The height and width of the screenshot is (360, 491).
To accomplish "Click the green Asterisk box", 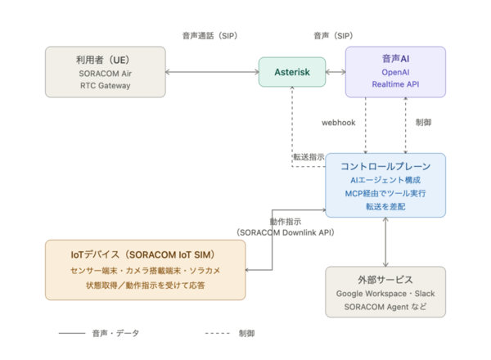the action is coord(292,72).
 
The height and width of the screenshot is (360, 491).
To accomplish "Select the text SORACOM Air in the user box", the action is coord(106,74).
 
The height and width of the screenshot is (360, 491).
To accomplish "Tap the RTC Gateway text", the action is coord(106,85).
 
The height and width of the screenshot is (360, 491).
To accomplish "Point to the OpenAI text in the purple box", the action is coord(395,72).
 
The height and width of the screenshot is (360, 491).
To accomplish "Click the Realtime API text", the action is coord(395,84).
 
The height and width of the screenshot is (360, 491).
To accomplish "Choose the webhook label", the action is coord(339,123).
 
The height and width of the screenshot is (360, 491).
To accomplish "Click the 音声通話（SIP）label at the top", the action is coord(209,36).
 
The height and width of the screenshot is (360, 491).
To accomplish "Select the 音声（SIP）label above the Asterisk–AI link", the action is coord(333,36).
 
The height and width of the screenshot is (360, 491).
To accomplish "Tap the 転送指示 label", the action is coord(309,157).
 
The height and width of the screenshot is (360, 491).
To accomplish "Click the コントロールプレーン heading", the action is coord(385,166).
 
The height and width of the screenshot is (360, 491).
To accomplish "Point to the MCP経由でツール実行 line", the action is coord(385,193).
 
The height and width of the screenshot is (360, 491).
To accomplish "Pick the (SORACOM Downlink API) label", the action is coord(286,232).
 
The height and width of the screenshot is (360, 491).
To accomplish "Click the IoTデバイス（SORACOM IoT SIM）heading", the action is coord(142,254).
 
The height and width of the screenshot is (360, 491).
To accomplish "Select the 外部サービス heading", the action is coord(385,280).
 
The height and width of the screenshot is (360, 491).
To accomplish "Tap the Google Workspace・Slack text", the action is coord(385,294).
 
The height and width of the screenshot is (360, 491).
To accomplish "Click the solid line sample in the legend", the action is coord(72,333).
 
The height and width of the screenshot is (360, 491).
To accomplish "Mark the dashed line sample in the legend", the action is coord(218,333).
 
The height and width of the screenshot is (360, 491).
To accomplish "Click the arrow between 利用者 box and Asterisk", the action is coord(212,72).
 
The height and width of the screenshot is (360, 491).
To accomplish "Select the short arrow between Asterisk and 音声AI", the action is coord(336,72).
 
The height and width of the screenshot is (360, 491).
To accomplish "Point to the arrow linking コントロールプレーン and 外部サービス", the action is coord(385,242).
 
